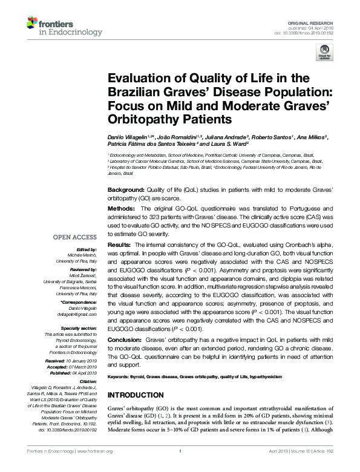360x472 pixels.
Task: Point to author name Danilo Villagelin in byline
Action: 130,137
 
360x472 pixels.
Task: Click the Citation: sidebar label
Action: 87,381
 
